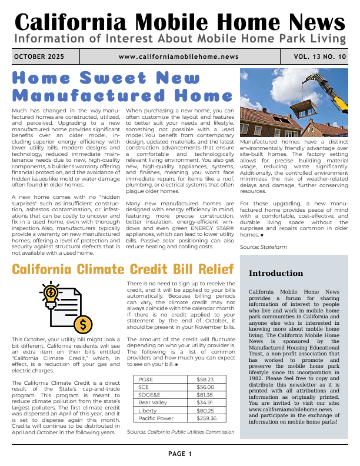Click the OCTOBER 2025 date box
point(39,56)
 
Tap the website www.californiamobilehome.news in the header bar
point(178,56)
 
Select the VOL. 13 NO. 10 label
point(321,56)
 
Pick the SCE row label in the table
point(144,387)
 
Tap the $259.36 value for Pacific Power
point(206,418)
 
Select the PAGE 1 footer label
point(180,454)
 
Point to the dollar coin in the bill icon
point(84,324)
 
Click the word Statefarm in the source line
point(272,248)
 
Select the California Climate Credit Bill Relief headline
point(122,270)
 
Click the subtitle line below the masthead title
point(180,39)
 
